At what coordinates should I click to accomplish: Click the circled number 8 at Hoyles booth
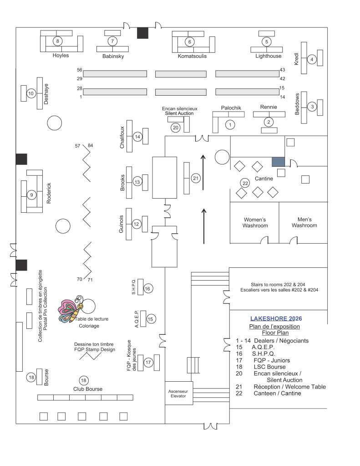click(x=57, y=41)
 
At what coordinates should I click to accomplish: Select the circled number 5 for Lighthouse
click(x=267, y=41)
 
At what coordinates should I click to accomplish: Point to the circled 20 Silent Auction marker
click(x=176, y=128)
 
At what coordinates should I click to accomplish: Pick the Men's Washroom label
click(x=304, y=222)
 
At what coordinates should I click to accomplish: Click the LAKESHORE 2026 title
click(x=276, y=318)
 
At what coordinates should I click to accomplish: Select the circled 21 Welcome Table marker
click(x=196, y=178)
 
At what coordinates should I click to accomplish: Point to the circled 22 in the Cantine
click(x=245, y=183)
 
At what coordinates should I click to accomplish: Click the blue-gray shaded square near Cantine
click(x=278, y=162)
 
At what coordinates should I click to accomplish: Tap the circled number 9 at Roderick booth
click(x=32, y=195)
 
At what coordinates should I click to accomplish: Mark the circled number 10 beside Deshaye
click(x=31, y=93)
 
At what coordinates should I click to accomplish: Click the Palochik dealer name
click(x=231, y=108)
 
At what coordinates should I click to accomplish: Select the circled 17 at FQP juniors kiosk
click(x=148, y=362)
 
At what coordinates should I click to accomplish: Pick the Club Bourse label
click(x=88, y=389)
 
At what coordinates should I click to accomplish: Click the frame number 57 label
click(x=77, y=146)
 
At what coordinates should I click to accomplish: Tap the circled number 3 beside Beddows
click(x=312, y=107)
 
